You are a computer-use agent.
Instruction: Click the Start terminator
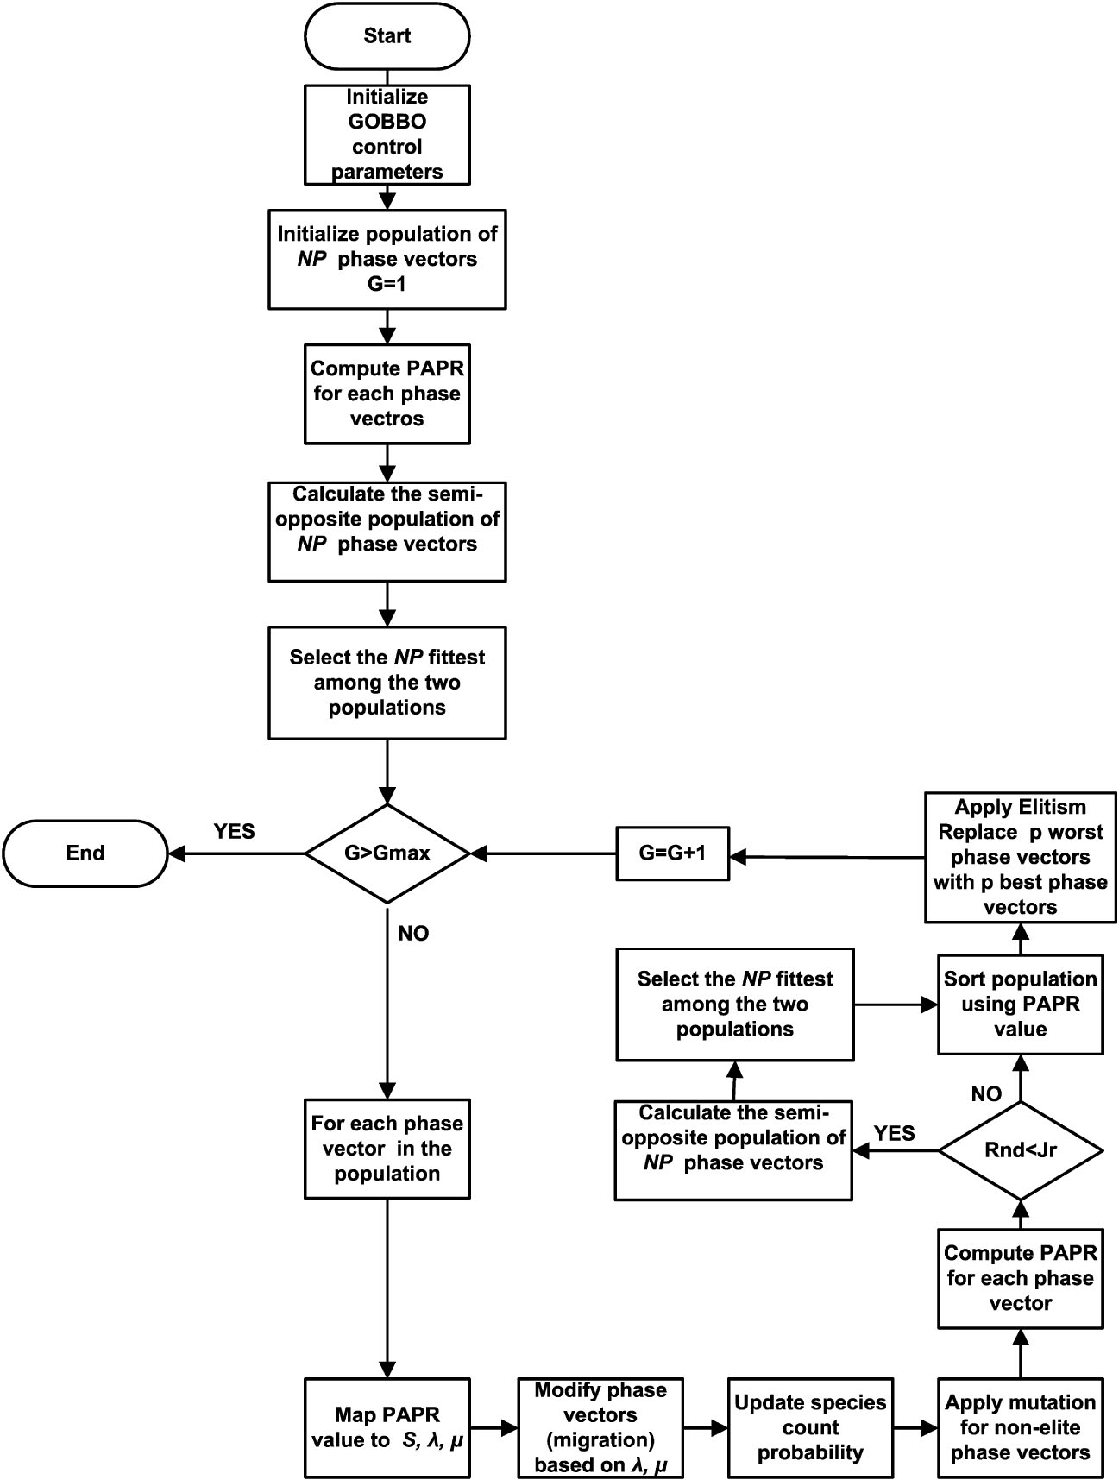[x=387, y=36]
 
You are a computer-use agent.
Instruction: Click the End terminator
[x=85, y=853]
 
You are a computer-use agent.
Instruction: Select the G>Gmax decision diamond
[x=387, y=853]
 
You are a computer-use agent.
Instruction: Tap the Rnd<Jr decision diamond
[x=1020, y=1149]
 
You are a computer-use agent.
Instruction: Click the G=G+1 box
[x=672, y=853]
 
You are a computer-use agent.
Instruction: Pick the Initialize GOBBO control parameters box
[x=387, y=135]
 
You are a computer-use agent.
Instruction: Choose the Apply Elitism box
[x=1020, y=857]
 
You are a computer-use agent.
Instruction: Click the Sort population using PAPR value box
[x=1020, y=1004]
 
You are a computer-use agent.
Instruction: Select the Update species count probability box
[x=810, y=1427]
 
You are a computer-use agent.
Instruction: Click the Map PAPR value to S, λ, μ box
[x=387, y=1427]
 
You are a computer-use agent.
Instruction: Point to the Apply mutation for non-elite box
[x=1020, y=1427]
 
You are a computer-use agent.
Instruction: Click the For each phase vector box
[x=387, y=1148]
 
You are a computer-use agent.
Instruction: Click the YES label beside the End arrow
[x=234, y=831]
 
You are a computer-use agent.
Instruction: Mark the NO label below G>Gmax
[x=413, y=934]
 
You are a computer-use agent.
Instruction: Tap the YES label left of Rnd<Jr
[x=894, y=1133]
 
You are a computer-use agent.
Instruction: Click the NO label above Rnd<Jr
[x=986, y=1094]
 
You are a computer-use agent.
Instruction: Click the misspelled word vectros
[x=387, y=419]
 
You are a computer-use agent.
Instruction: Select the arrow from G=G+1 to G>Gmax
[x=544, y=853]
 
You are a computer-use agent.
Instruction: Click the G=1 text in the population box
[x=387, y=284]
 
